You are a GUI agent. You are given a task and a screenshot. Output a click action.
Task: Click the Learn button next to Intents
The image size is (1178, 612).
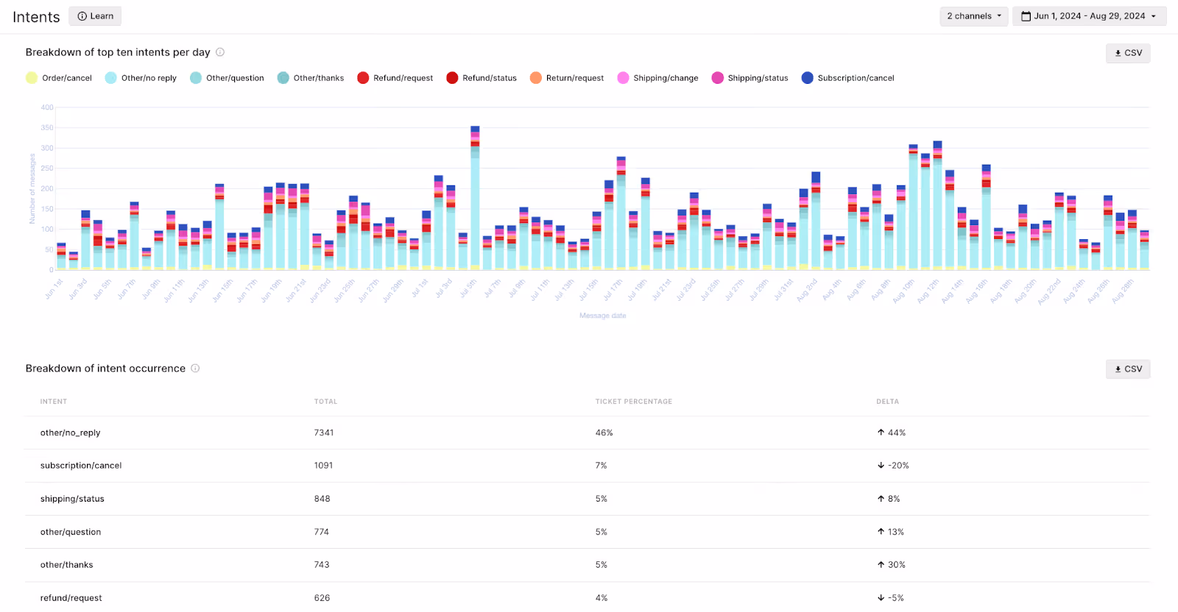pyautogui.click(x=96, y=16)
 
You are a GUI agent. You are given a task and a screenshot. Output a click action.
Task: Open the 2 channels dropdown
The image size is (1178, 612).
pyautogui.click(x=973, y=16)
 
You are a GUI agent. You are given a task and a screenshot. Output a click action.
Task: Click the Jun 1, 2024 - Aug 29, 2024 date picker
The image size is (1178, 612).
pyautogui.click(x=1089, y=16)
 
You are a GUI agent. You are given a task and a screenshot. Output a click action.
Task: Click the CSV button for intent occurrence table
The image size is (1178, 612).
pyautogui.click(x=1128, y=369)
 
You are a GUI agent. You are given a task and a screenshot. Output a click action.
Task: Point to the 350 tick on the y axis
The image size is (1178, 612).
pyautogui.click(x=47, y=128)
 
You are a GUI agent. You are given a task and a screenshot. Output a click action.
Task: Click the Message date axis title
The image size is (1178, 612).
pyautogui.click(x=602, y=316)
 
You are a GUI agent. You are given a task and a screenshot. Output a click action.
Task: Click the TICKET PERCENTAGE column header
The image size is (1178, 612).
pyautogui.click(x=633, y=402)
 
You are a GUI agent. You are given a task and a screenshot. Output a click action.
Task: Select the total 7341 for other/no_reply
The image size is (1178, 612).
pyautogui.click(x=324, y=433)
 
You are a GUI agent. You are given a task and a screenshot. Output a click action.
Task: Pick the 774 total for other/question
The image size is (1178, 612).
pyautogui.click(x=322, y=532)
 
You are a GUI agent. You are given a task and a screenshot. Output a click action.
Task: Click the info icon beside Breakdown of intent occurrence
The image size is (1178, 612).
pyautogui.click(x=195, y=369)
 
